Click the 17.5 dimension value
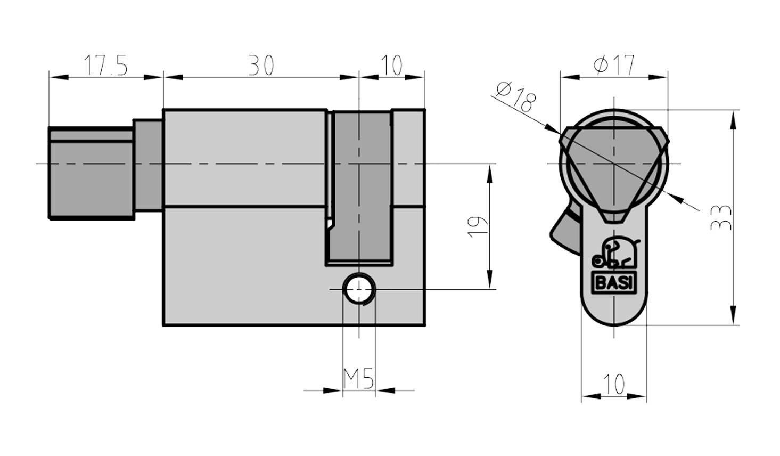pos(106,66)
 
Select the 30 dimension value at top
pos(261,66)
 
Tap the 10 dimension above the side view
pos(392,66)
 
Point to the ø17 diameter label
pos(614,65)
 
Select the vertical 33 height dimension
pos(721,217)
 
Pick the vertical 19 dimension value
pos(478,227)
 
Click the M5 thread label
pos(359,379)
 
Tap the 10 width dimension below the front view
pos(614,384)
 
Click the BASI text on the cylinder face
pos(614,283)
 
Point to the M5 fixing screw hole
pos(359,289)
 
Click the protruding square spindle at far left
pos(91,173)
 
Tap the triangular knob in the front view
pos(614,165)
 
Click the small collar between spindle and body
pos(148,165)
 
